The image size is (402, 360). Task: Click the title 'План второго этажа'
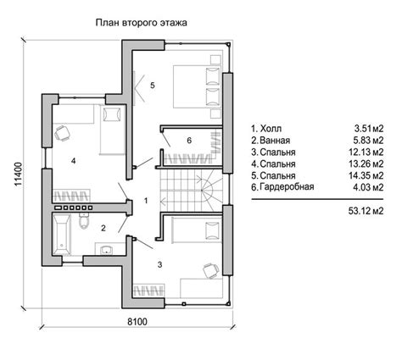(141, 23)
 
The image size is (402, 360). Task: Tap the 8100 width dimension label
(137, 322)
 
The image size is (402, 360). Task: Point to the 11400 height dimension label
(19, 174)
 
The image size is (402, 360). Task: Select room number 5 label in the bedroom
(153, 86)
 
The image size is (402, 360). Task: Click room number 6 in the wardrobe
(189, 140)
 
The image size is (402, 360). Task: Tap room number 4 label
(74, 161)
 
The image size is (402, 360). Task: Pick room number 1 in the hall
(146, 201)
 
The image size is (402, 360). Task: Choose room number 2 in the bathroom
(103, 228)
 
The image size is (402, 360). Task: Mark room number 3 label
(159, 264)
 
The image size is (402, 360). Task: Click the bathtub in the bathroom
(62, 235)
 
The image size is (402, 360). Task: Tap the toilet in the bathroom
(84, 221)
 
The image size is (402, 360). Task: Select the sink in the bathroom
(107, 249)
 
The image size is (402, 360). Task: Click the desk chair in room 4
(62, 132)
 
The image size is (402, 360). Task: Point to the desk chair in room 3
(211, 270)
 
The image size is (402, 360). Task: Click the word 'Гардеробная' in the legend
(287, 187)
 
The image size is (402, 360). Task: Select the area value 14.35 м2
(366, 175)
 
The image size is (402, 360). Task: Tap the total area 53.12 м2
(366, 211)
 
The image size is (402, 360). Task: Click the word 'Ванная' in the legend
(275, 141)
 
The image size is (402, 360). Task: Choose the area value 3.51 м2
(369, 129)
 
